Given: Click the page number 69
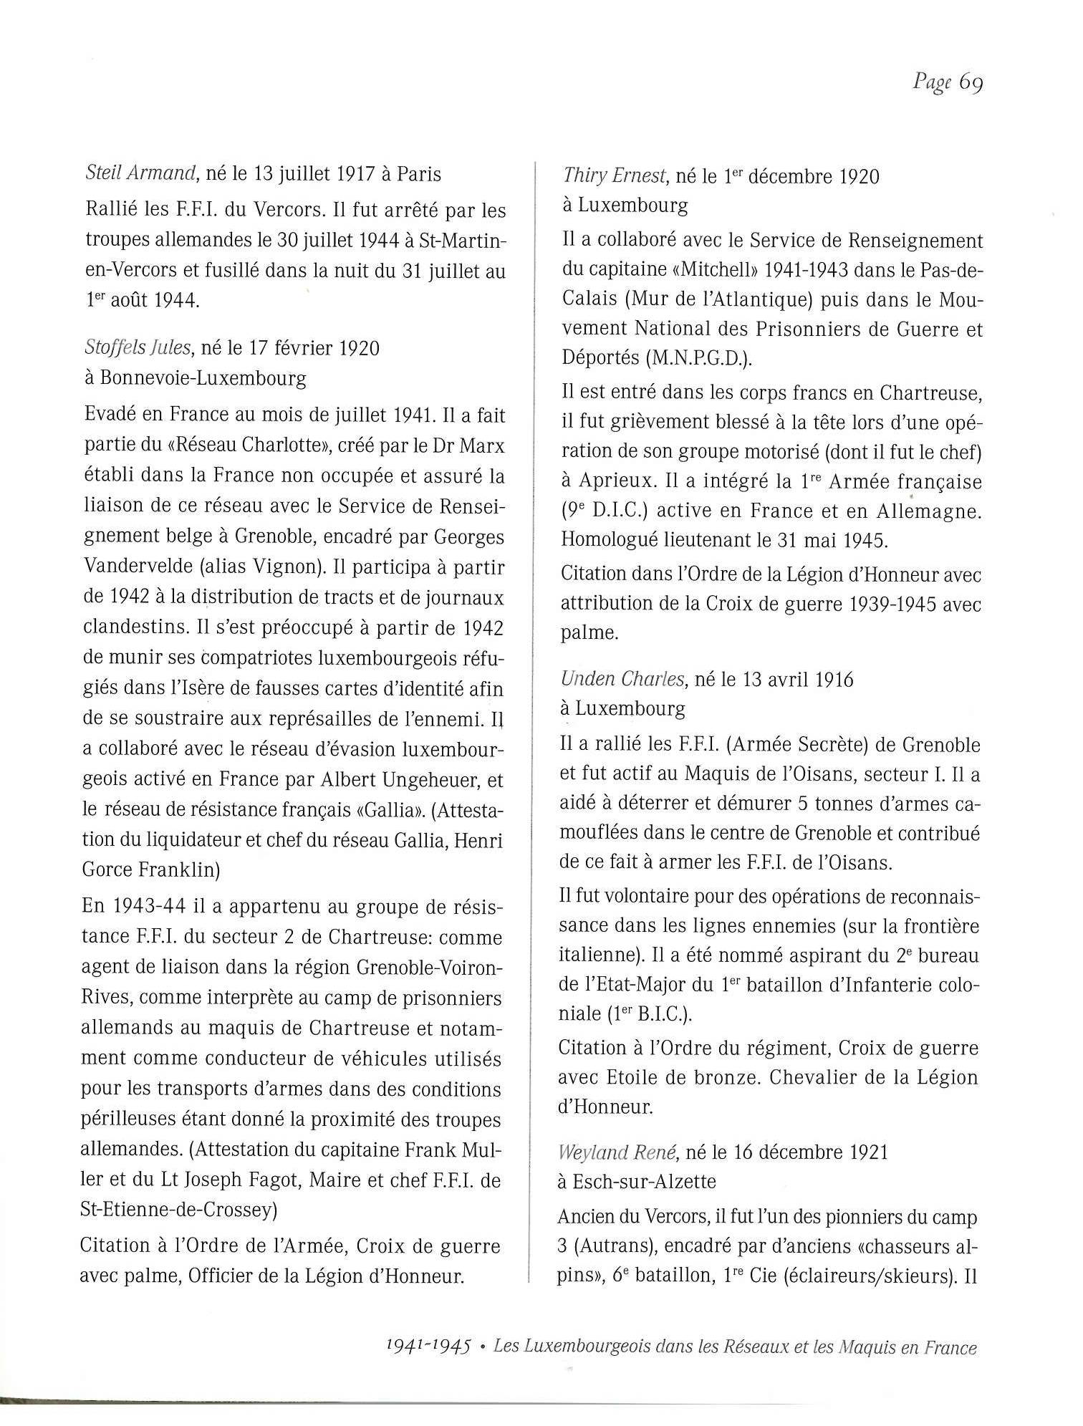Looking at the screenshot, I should click(971, 83).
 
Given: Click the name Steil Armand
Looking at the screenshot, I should click(140, 174).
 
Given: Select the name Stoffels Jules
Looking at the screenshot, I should click(138, 348).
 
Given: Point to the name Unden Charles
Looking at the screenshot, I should click(622, 679).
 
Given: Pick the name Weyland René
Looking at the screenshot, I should click(617, 1152).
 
